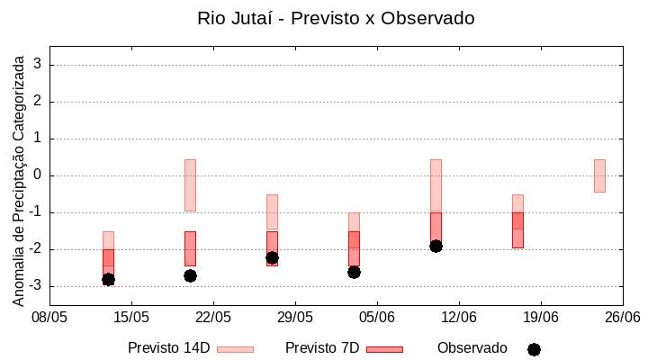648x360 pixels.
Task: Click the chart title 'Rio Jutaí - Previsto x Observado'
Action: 336,18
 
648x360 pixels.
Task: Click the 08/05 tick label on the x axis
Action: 49,317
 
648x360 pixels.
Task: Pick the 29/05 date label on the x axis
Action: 294,317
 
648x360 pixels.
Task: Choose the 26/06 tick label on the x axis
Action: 622,317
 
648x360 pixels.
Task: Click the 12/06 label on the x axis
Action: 459,317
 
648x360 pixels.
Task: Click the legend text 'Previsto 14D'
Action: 168,348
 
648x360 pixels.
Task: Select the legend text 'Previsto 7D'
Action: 322,348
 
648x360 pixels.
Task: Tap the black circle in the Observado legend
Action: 534,349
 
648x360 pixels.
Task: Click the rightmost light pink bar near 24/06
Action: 599,175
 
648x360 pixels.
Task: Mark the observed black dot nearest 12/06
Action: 436,246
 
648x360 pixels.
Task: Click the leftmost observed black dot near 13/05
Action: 108,280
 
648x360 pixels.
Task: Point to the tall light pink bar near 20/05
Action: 190,185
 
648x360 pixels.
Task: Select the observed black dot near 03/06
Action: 354,272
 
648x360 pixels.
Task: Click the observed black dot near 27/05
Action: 272,257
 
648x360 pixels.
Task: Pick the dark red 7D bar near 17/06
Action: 517,229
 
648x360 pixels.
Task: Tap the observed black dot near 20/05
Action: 190,275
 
